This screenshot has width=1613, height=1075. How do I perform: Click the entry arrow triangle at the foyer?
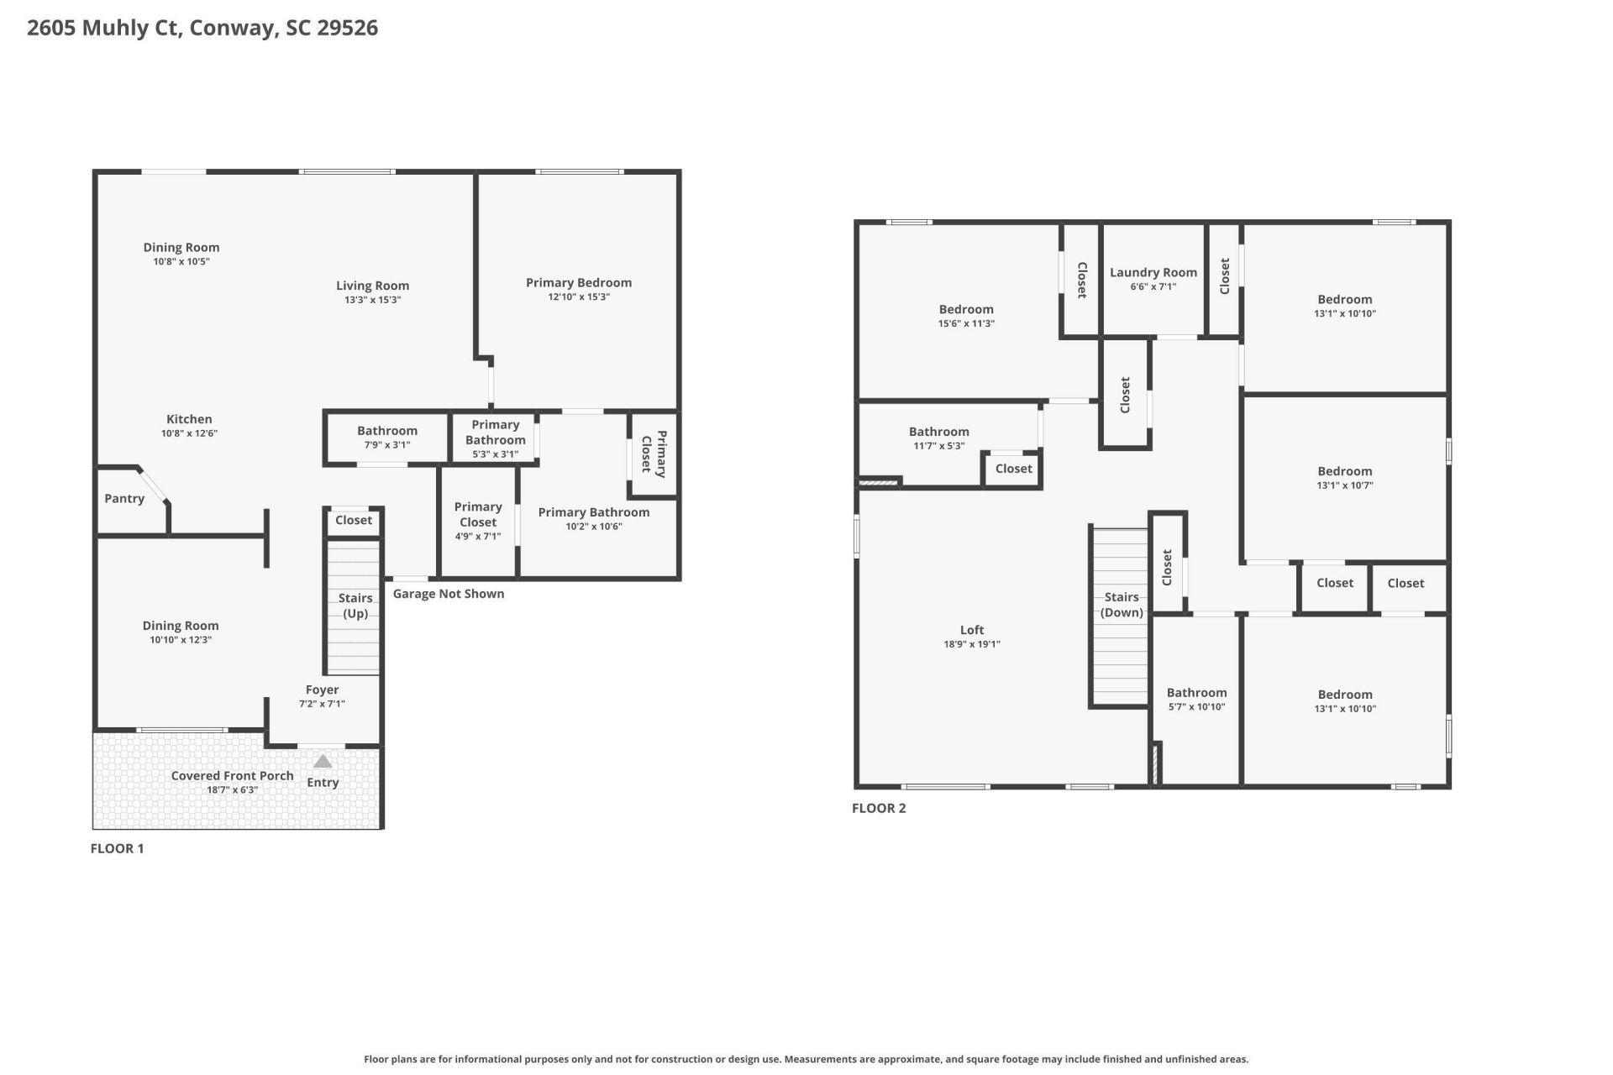(x=323, y=762)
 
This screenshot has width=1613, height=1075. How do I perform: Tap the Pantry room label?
(x=124, y=499)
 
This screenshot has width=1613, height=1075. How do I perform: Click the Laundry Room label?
(x=1153, y=273)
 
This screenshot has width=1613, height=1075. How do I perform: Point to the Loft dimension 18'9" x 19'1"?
(x=971, y=644)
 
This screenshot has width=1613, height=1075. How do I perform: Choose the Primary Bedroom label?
(x=578, y=283)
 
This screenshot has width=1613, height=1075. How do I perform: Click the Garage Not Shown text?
(x=449, y=594)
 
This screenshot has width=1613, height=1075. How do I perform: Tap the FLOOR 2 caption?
(x=879, y=808)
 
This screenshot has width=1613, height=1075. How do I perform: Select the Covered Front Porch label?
(x=232, y=776)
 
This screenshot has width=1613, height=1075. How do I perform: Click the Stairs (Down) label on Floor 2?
(x=1122, y=605)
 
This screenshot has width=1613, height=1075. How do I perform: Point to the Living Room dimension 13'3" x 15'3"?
(x=372, y=300)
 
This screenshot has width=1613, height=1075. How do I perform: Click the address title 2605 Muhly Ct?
(x=202, y=28)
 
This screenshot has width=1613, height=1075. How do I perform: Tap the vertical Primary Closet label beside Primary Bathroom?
(x=654, y=454)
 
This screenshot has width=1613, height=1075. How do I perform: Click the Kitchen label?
(x=189, y=419)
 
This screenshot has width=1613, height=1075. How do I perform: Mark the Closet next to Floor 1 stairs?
(x=354, y=521)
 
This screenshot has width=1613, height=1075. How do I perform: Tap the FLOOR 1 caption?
(x=117, y=848)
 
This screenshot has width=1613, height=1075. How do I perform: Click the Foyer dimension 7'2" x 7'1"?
(x=322, y=704)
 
